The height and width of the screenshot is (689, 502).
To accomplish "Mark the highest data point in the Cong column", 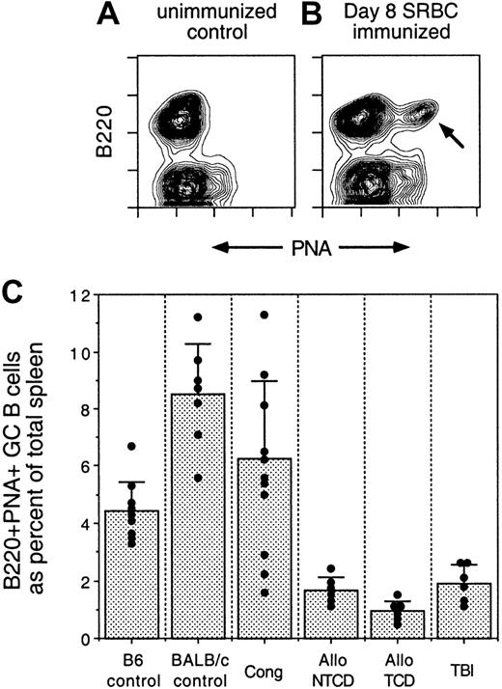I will pyautogui.click(x=264, y=315).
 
